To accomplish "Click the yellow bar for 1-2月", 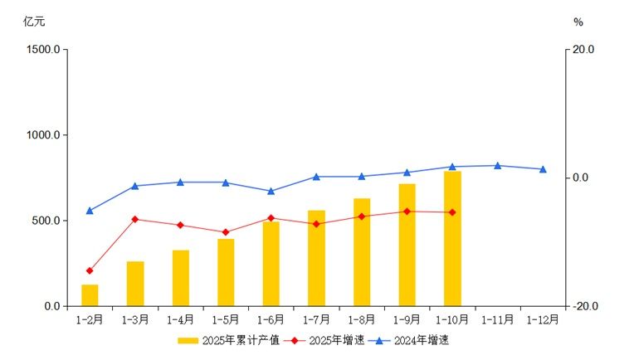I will click(90, 295).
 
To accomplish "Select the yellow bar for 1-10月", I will click(452, 239).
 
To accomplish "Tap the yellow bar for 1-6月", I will click(271, 264).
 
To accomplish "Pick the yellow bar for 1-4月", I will click(181, 278).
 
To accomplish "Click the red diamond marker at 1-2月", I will click(90, 270).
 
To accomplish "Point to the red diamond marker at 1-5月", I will click(226, 232).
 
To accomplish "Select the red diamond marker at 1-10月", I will click(452, 212).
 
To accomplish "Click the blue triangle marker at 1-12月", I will click(543, 169).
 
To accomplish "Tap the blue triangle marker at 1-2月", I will click(90, 211).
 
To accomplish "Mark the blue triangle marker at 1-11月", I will click(497, 166).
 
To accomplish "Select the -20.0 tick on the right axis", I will click(584, 307).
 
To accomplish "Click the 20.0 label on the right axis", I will click(584, 50).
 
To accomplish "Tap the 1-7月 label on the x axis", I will click(316, 319).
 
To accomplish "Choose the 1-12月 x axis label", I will click(544, 319).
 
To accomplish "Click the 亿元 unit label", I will click(34, 22).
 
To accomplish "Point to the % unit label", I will click(578, 22).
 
